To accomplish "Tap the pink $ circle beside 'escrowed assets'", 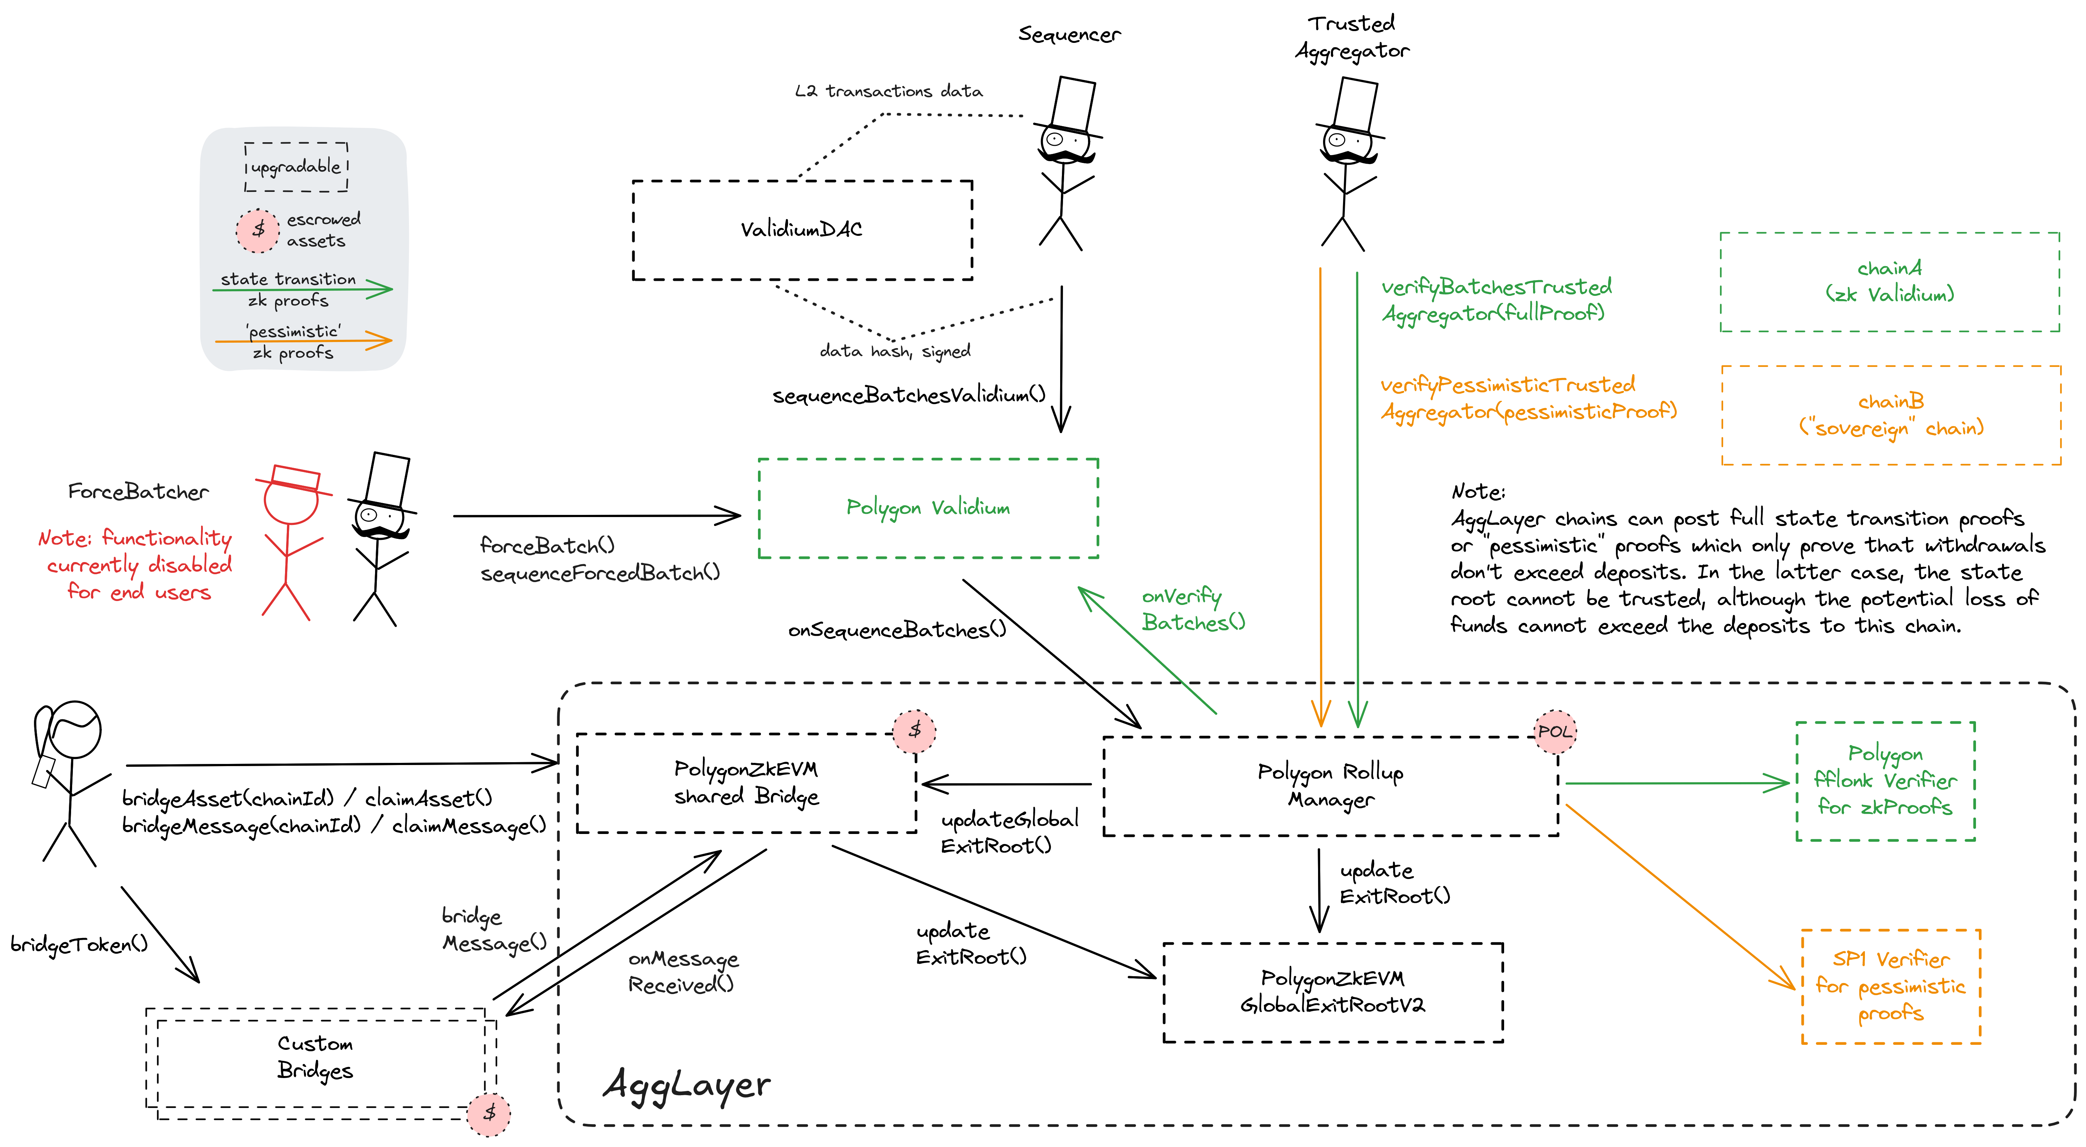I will (258, 230).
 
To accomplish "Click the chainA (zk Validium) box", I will (1889, 282).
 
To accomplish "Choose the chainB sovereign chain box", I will (1891, 415).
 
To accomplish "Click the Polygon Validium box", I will (928, 508).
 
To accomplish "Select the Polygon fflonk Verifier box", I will (1885, 781).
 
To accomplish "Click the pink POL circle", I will (1555, 731).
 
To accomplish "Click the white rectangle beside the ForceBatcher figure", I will (387, 480).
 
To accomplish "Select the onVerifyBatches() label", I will (1193, 609).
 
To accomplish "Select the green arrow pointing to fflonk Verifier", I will (1676, 783).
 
